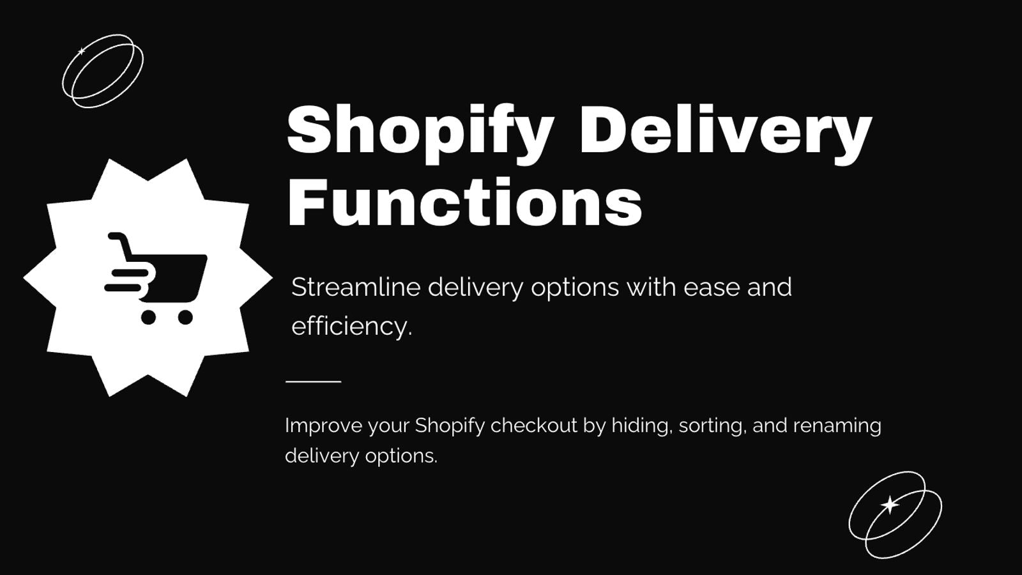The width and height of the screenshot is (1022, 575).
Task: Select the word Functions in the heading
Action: point(464,203)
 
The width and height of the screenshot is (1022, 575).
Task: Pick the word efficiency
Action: point(352,327)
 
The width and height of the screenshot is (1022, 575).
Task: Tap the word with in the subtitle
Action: point(651,287)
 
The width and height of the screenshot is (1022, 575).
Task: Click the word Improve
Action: point(323,426)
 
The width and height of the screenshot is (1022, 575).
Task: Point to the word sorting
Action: point(713,426)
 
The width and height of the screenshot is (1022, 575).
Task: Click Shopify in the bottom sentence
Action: point(450,426)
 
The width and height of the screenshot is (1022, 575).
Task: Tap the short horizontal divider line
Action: point(314,381)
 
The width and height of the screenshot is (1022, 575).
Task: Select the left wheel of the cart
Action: point(149,317)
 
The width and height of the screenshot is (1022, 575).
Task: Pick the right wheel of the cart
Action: point(185,317)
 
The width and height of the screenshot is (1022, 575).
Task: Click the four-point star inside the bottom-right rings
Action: point(890,505)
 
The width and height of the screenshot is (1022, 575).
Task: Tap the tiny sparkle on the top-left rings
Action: point(82,51)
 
